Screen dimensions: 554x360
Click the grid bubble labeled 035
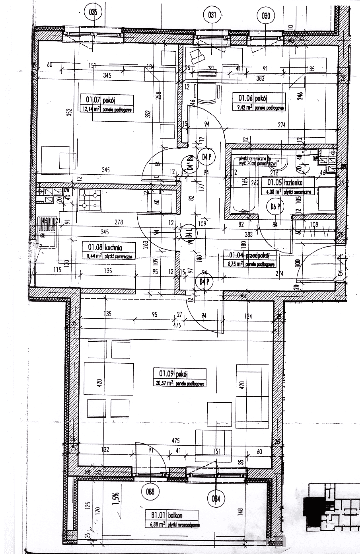(93, 13)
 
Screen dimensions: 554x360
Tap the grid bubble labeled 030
(266, 16)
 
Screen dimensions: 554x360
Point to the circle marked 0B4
(216, 498)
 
